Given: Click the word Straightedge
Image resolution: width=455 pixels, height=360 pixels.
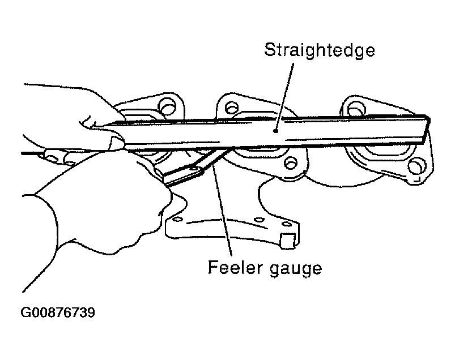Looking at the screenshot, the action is pos(320,51).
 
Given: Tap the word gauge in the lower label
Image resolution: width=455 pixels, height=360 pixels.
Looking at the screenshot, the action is pos(296,269).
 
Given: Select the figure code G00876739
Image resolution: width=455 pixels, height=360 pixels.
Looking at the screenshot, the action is pos(58,312).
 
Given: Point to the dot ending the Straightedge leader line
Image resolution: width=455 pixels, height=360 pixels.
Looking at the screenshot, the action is pos(276,131).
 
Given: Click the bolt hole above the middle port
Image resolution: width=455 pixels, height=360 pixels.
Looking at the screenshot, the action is pos(231,108).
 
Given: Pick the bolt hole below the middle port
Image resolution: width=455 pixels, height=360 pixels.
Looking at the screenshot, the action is pos(291,163).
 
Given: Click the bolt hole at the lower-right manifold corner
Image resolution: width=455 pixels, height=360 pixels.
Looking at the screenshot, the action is pos(415,166).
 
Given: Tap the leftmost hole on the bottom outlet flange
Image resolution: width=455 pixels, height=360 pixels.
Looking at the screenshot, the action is pos(177,220).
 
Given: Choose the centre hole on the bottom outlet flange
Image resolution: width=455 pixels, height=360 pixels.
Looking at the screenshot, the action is pos(259,220).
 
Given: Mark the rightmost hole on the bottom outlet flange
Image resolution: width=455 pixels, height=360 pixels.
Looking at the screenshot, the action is pos(286,224).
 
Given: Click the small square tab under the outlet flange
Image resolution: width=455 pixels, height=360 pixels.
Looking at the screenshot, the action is pos(288,241).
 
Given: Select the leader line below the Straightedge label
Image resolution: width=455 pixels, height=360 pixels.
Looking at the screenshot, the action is pos(284,97).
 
